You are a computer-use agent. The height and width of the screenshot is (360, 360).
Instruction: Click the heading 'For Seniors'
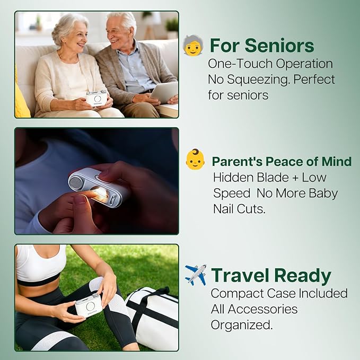point(262,46)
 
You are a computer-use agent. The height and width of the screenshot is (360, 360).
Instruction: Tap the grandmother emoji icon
point(193,45)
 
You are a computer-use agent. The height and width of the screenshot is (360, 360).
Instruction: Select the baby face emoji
point(195,159)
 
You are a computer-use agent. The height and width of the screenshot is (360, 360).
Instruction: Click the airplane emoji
point(196,275)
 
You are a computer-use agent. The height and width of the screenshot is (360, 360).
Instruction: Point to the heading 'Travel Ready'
point(271,275)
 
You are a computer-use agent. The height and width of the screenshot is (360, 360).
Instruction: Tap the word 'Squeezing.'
point(258,80)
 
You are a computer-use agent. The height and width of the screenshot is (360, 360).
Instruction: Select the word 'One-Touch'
point(240,64)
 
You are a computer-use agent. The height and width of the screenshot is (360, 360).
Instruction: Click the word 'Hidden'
point(233,178)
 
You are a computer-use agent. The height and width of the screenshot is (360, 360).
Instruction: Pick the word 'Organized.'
point(242,325)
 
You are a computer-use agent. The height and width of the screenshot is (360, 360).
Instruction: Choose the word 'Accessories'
point(262,309)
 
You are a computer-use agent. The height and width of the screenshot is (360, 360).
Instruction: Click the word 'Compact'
point(237,294)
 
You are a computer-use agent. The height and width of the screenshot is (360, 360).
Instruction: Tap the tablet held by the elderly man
point(164,92)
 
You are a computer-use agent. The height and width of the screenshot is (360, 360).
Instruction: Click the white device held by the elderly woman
point(96,98)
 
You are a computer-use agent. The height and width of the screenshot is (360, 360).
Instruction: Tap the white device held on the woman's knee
point(89,305)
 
